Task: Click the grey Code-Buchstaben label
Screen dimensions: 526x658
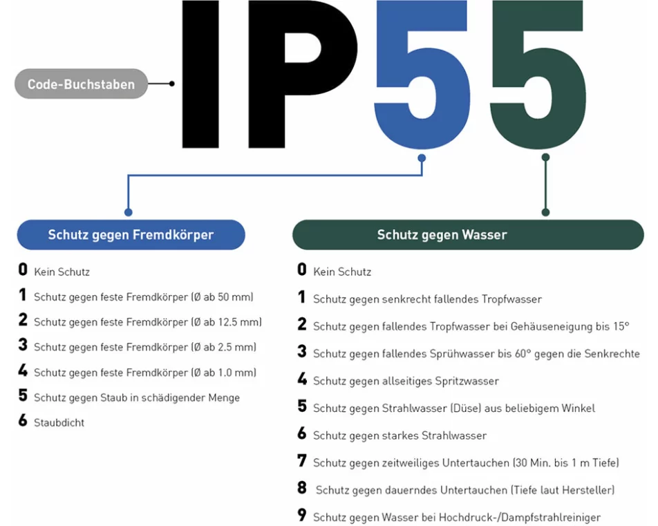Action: (81, 84)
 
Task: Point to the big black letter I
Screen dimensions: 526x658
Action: (200, 73)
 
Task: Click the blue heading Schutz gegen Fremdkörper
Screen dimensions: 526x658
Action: (131, 235)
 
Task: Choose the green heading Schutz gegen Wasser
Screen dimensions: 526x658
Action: (442, 235)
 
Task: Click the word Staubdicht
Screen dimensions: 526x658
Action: (59, 422)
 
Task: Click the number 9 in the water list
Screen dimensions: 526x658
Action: (301, 516)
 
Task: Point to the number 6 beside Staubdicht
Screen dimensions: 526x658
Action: (23, 421)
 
